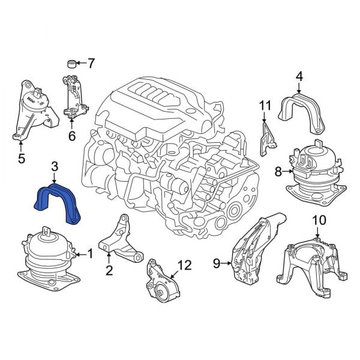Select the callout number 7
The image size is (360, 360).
pos(91,62)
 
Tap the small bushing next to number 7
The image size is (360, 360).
pos(71,63)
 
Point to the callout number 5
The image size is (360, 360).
pos(21,159)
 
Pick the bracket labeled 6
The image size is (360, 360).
pos(74,96)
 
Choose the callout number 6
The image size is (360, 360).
pos(71,136)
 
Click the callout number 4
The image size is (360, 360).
pos(299,76)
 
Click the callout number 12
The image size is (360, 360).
pos(184,265)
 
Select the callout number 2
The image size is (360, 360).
pos(109,271)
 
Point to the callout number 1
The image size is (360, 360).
pos(91,254)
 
